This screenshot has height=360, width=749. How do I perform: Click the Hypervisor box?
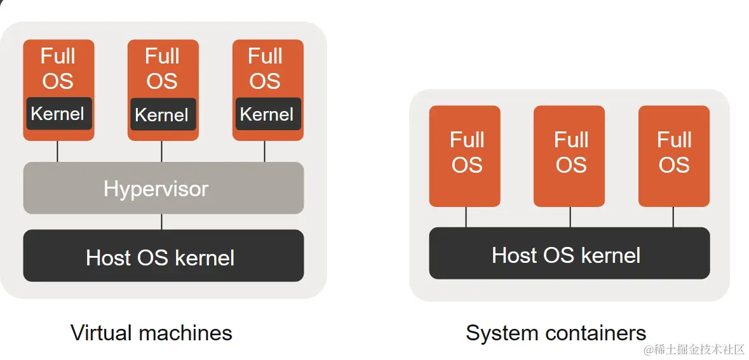[x=163, y=188]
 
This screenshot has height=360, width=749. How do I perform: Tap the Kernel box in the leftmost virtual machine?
[x=58, y=114]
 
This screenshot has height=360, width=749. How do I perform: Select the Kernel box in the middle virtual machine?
[x=162, y=115]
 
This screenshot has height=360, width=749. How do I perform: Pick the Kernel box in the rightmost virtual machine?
[x=267, y=114]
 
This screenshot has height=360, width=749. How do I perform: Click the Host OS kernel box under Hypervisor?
[x=163, y=256]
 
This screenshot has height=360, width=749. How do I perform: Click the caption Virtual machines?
[x=151, y=333]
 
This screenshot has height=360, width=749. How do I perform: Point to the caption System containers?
[x=556, y=333]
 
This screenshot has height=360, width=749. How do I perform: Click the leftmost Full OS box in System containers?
[x=465, y=156]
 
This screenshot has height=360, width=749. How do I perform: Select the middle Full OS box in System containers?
[x=569, y=156]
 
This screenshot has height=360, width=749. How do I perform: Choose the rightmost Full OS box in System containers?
[x=673, y=156]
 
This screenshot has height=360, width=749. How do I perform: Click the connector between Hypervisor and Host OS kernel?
[x=161, y=222]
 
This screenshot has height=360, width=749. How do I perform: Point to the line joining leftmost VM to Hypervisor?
[x=58, y=151]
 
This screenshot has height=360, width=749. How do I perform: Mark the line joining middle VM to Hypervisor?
[x=161, y=151]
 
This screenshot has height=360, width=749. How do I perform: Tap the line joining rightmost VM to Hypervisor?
[x=265, y=151]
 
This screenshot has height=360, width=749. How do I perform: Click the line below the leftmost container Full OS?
[x=466, y=217]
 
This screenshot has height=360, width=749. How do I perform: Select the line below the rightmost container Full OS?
[x=673, y=217]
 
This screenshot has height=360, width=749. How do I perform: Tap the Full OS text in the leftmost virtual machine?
[x=58, y=69]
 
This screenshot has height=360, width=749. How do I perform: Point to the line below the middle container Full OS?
[x=570, y=217]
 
